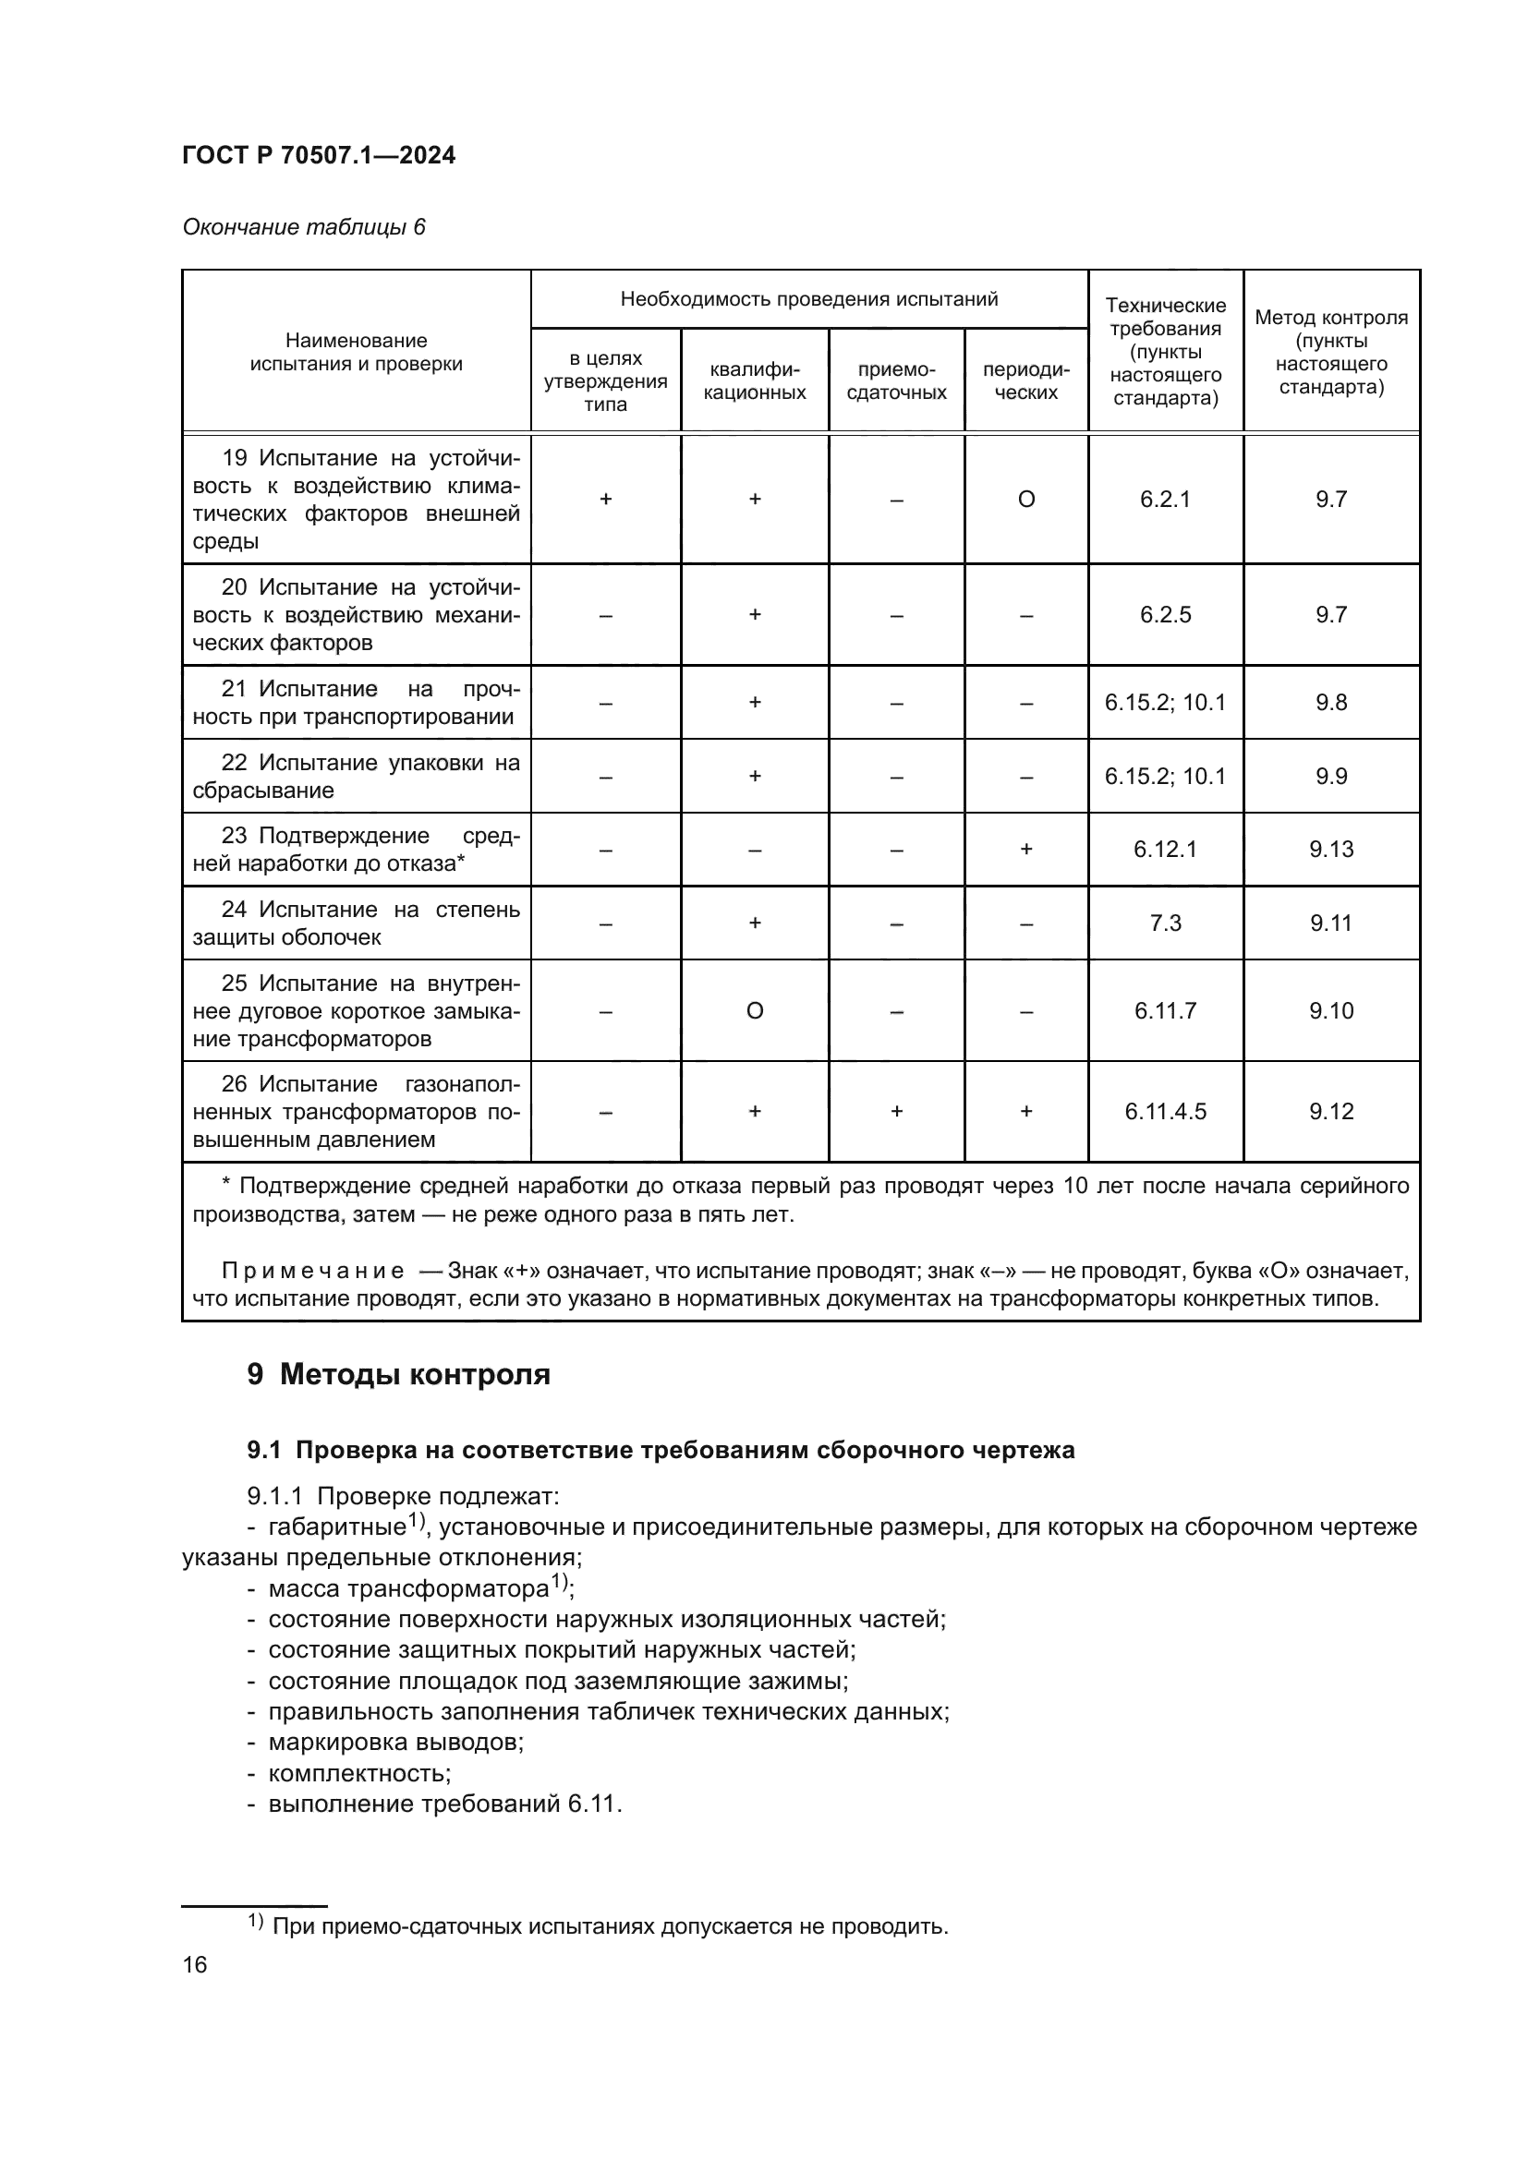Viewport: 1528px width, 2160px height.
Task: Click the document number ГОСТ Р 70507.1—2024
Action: point(318,155)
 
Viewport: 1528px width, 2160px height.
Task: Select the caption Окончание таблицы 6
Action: point(303,227)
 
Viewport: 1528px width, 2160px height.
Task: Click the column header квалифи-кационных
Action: point(755,381)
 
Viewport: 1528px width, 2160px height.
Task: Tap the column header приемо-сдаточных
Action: point(896,381)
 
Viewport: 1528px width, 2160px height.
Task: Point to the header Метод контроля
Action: point(1330,318)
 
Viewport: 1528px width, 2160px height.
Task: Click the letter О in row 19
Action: point(1025,500)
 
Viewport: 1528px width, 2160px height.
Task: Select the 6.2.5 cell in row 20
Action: point(1165,615)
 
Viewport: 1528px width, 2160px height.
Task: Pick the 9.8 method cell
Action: point(1330,703)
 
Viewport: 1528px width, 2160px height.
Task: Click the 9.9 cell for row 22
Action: point(1330,776)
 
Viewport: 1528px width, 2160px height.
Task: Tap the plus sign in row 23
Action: point(1025,850)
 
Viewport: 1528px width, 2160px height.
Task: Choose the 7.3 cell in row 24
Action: point(1165,923)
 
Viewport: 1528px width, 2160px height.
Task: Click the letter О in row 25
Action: point(755,1011)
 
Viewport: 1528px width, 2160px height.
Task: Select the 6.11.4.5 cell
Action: point(1165,1112)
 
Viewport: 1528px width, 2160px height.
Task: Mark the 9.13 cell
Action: point(1330,850)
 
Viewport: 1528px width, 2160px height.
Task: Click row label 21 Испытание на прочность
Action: point(356,703)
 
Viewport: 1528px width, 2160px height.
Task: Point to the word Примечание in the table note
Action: point(312,1271)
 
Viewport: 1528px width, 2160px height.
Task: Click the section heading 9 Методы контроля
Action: point(398,1374)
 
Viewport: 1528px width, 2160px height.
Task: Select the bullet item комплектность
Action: point(358,1773)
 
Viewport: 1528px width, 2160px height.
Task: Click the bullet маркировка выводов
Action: point(395,1743)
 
